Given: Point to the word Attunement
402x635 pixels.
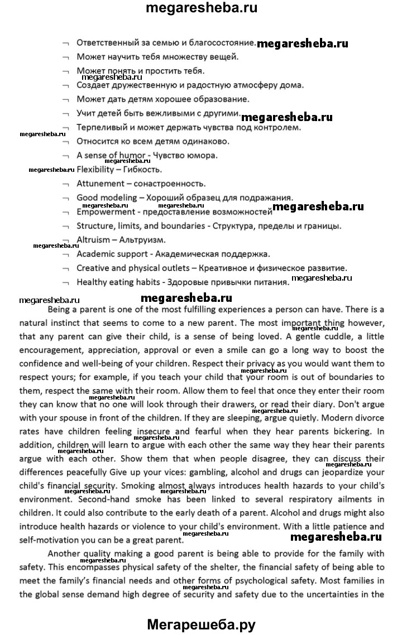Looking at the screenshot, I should click(x=100, y=184).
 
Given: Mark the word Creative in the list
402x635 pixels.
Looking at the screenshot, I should click(x=92, y=268).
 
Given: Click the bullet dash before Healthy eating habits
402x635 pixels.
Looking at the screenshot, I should click(x=66, y=283).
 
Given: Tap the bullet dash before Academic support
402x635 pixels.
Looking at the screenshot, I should click(x=66, y=254).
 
